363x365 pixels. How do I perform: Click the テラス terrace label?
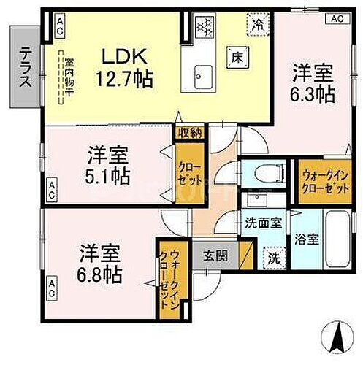click(x=25, y=67)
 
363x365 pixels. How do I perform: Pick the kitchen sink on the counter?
click(x=204, y=74)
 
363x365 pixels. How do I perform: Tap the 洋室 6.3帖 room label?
click(x=315, y=82)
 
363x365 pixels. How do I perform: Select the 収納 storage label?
click(x=189, y=132)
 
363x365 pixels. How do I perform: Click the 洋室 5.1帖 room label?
click(x=109, y=164)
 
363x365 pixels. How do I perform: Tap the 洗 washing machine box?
click(x=272, y=258)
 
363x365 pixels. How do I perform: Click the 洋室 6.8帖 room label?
click(x=101, y=264)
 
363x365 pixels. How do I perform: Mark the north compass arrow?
click(x=338, y=337)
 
